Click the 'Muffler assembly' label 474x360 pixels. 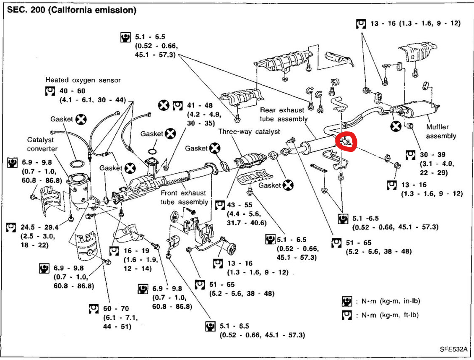441,131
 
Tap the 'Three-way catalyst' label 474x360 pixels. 249,132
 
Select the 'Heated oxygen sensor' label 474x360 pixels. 83,80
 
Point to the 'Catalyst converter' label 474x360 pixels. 42,144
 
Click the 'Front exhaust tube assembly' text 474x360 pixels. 184,197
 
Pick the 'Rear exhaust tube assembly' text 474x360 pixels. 283,114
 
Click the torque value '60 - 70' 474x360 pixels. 116,309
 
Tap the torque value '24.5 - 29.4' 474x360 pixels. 39,227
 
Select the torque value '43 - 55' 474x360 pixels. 240,205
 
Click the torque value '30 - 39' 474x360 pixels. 432,155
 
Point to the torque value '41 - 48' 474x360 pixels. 200,105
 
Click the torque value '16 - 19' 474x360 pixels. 136,250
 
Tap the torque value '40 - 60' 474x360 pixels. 72,91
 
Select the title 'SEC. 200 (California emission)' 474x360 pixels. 72,10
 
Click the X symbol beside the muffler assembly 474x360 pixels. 396,126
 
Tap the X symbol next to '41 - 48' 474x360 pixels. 164,105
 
